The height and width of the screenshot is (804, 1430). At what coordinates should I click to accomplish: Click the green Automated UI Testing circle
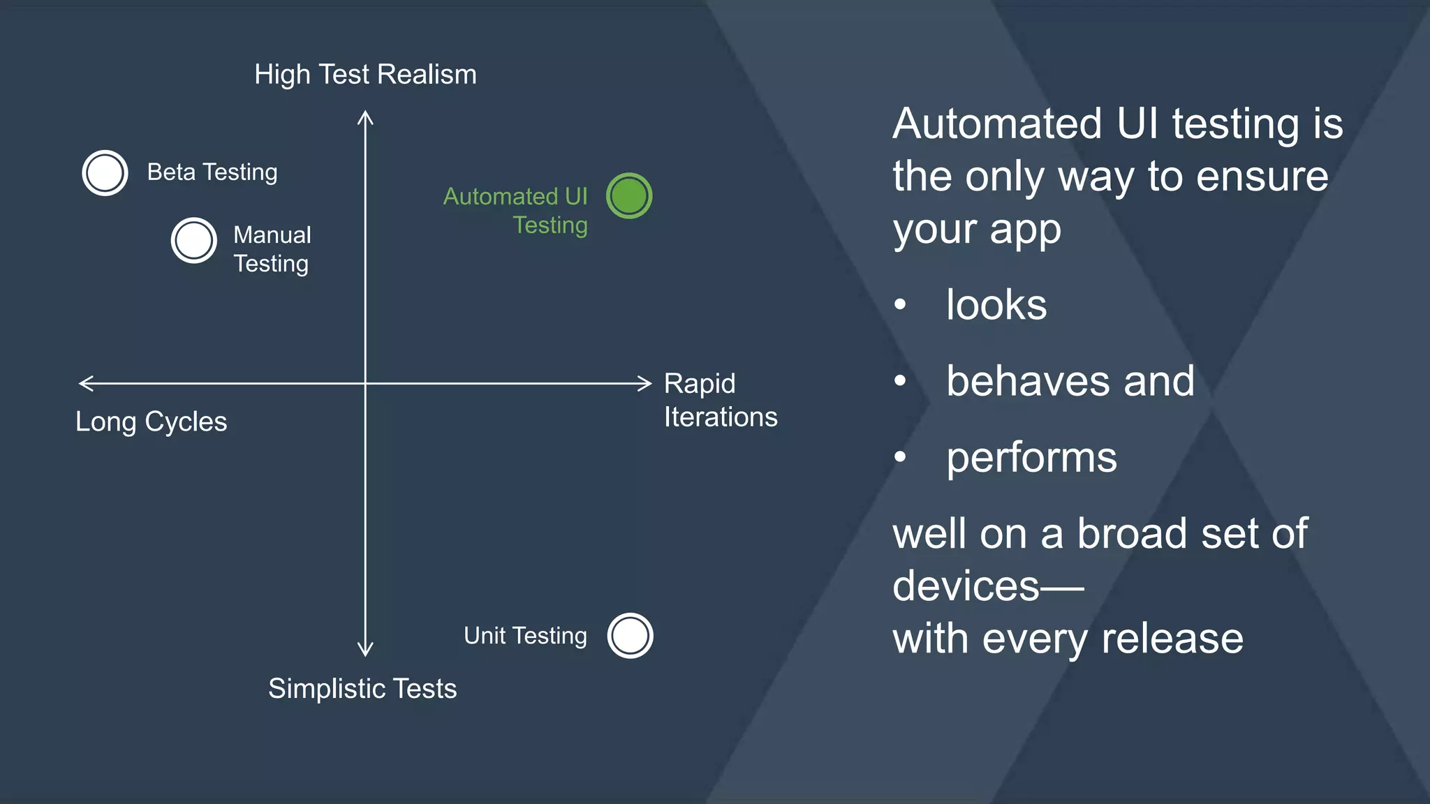(x=629, y=196)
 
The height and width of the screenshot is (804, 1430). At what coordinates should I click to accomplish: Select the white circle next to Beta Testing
(x=105, y=173)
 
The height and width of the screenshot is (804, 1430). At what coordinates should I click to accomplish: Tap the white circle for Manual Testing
(x=193, y=241)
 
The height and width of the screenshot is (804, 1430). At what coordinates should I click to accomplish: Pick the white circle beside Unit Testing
(x=630, y=636)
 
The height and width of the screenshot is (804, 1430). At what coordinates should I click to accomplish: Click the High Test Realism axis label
(x=365, y=75)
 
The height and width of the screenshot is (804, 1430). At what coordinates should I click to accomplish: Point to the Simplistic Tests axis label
(x=362, y=689)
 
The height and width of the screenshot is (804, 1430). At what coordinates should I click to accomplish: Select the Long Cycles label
(x=151, y=422)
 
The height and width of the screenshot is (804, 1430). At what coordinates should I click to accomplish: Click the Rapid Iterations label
(x=719, y=400)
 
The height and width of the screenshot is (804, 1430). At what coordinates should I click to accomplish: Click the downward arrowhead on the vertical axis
(x=365, y=650)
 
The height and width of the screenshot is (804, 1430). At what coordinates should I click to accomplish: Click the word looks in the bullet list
(x=996, y=305)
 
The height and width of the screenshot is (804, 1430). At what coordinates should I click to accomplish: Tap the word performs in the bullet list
(x=1031, y=458)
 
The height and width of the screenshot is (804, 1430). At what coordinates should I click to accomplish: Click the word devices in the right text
(x=966, y=586)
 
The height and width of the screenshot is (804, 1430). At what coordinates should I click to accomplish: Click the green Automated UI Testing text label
(x=517, y=210)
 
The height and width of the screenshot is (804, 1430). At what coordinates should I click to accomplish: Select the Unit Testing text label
(x=525, y=636)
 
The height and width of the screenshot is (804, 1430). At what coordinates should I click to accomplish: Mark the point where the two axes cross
(x=365, y=383)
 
